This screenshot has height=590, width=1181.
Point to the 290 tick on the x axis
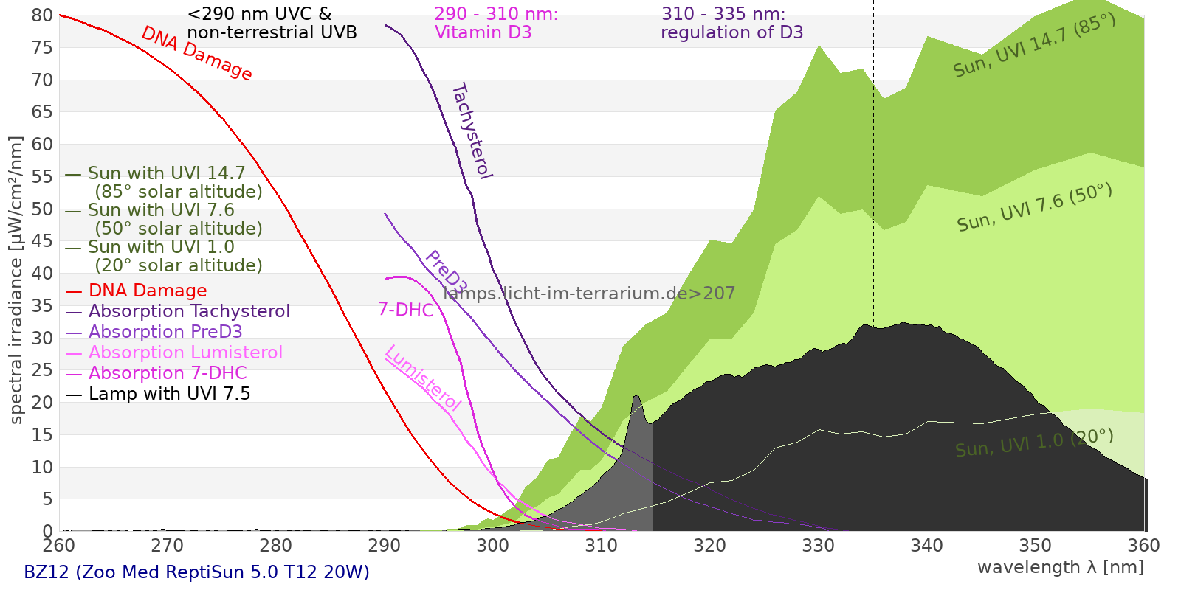[385, 546]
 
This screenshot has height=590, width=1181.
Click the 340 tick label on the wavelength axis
[927, 546]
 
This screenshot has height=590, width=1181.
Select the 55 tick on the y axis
[42, 176]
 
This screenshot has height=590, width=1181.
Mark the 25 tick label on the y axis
[42, 370]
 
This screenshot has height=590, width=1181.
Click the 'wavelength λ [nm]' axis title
[1060, 567]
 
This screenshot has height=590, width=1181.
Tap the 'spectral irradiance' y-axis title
[16, 280]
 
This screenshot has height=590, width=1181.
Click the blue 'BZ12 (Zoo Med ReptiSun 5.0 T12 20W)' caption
[196, 572]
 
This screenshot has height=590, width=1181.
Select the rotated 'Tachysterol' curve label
[472, 131]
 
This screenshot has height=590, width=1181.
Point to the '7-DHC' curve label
[405, 310]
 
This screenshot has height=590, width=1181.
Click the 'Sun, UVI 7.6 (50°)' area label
[1034, 208]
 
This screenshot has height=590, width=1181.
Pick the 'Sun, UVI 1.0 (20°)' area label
[1034, 443]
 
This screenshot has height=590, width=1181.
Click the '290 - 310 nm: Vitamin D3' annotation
[495, 24]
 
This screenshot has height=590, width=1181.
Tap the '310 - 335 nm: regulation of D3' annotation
[731, 24]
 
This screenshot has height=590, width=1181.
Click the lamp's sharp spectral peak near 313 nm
[636, 397]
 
